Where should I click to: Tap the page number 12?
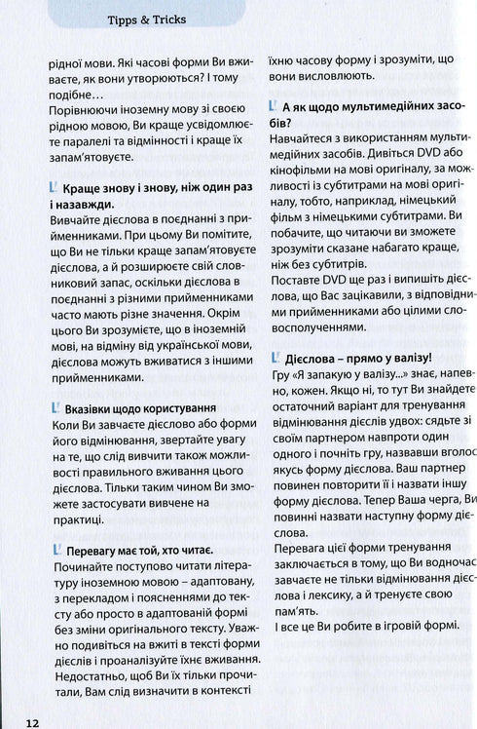pos(33,722)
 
